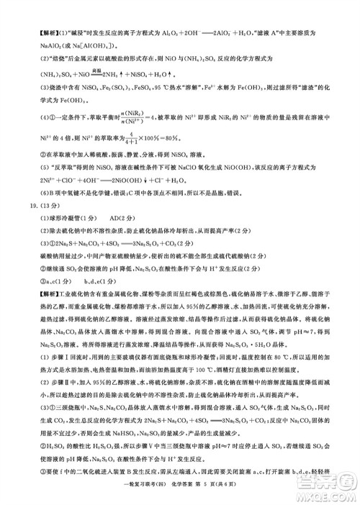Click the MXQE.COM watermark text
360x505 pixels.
(328, 494)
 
